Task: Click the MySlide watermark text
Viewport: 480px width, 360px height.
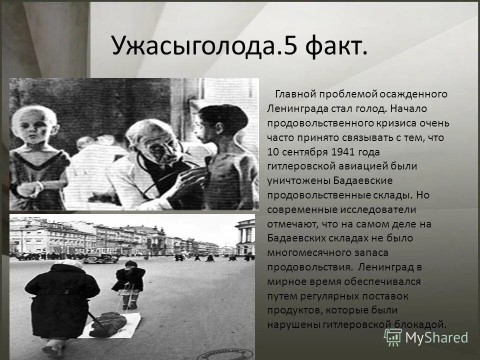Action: (x=436, y=338)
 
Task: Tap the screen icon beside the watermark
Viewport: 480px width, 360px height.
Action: (x=393, y=337)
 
